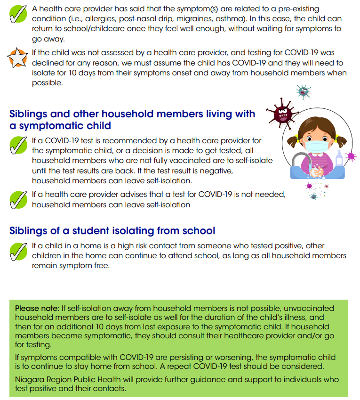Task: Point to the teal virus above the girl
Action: click(304, 92)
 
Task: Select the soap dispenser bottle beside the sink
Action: click(338, 161)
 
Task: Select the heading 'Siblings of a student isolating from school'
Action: click(112, 231)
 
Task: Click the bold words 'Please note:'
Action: click(37, 308)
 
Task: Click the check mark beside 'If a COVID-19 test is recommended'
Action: click(18, 146)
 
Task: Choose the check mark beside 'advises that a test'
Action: click(18, 200)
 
